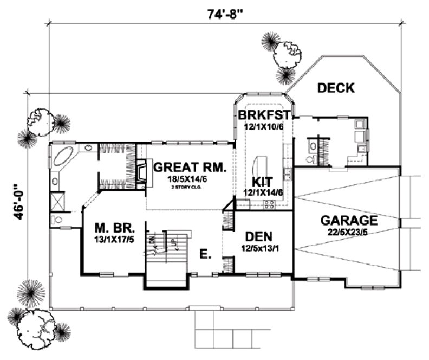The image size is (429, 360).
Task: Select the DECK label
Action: (335, 88)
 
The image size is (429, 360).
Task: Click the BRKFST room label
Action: (264, 115)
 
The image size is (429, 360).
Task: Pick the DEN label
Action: (258, 237)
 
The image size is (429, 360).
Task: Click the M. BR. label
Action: (113, 227)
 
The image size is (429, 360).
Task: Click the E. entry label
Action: (205, 254)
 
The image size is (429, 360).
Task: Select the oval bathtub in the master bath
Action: (64, 157)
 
